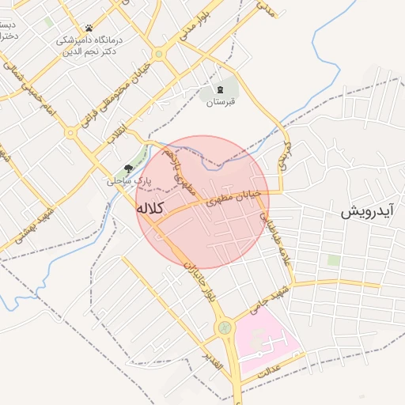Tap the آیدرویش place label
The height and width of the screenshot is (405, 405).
point(367,212)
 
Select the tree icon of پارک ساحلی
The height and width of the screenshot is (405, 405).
point(128,168)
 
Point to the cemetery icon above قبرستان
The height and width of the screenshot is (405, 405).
point(221,89)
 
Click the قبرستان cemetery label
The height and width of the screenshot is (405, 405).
point(221,103)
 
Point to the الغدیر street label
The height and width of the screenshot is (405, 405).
point(214,365)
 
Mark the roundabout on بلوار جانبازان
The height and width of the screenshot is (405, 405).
point(225,326)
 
